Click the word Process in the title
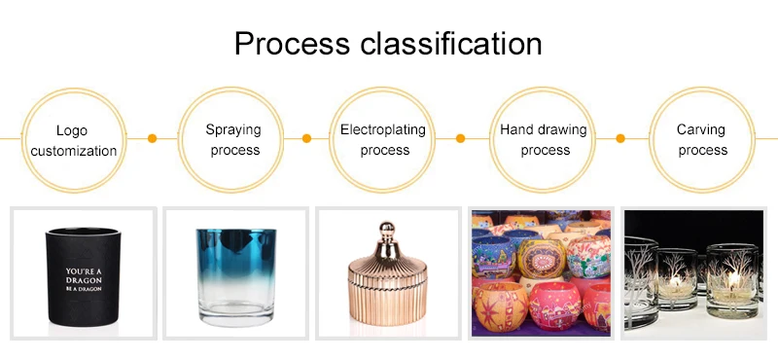(x=293, y=43)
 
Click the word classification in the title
(x=451, y=43)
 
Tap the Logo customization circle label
(x=74, y=140)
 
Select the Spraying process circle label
(x=233, y=139)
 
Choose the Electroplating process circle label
(x=383, y=139)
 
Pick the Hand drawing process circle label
(x=544, y=139)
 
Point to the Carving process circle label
(x=701, y=139)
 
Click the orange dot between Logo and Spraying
(x=153, y=138)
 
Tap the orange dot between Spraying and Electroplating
(x=306, y=138)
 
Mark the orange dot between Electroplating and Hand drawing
(x=460, y=138)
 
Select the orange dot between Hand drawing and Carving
(x=620, y=138)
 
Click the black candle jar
(x=84, y=276)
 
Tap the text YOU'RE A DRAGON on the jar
(x=84, y=276)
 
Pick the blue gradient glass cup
(x=236, y=277)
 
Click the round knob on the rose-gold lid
(x=386, y=230)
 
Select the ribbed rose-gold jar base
(x=387, y=300)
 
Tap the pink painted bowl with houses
(x=554, y=306)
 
